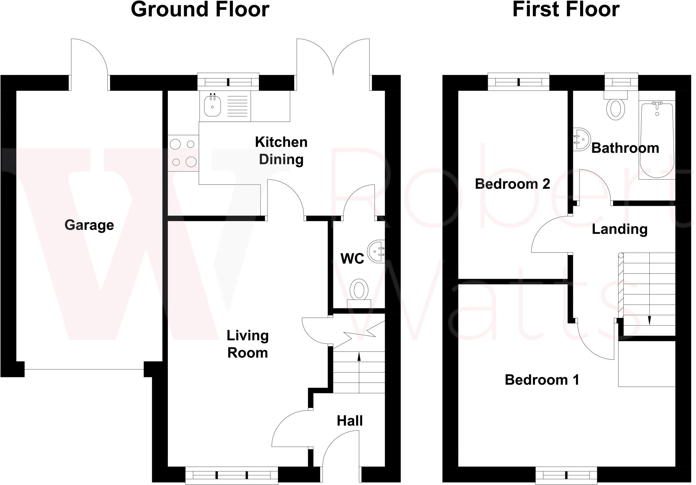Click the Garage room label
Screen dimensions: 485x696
pyautogui.click(x=89, y=225)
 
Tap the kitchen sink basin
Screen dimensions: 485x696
pyautogui.click(x=212, y=106)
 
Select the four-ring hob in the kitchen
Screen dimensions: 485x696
pyautogui.click(x=183, y=153)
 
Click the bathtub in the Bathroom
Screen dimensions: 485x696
pyautogui.click(x=657, y=140)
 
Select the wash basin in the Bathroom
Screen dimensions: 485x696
pyautogui.click(x=581, y=139)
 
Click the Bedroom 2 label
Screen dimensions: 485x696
pyautogui.click(x=512, y=184)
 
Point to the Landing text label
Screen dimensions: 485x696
pyautogui.click(x=619, y=229)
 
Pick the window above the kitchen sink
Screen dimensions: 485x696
pyautogui.click(x=228, y=82)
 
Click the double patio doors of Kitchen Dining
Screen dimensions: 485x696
pyautogui.click(x=333, y=65)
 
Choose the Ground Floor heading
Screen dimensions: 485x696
pyautogui.click(x=200, y=10)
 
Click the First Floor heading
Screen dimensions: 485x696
pyautogui.click(x=566, y=10)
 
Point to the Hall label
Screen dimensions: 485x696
pyautogui.click(x=349, y=421)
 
